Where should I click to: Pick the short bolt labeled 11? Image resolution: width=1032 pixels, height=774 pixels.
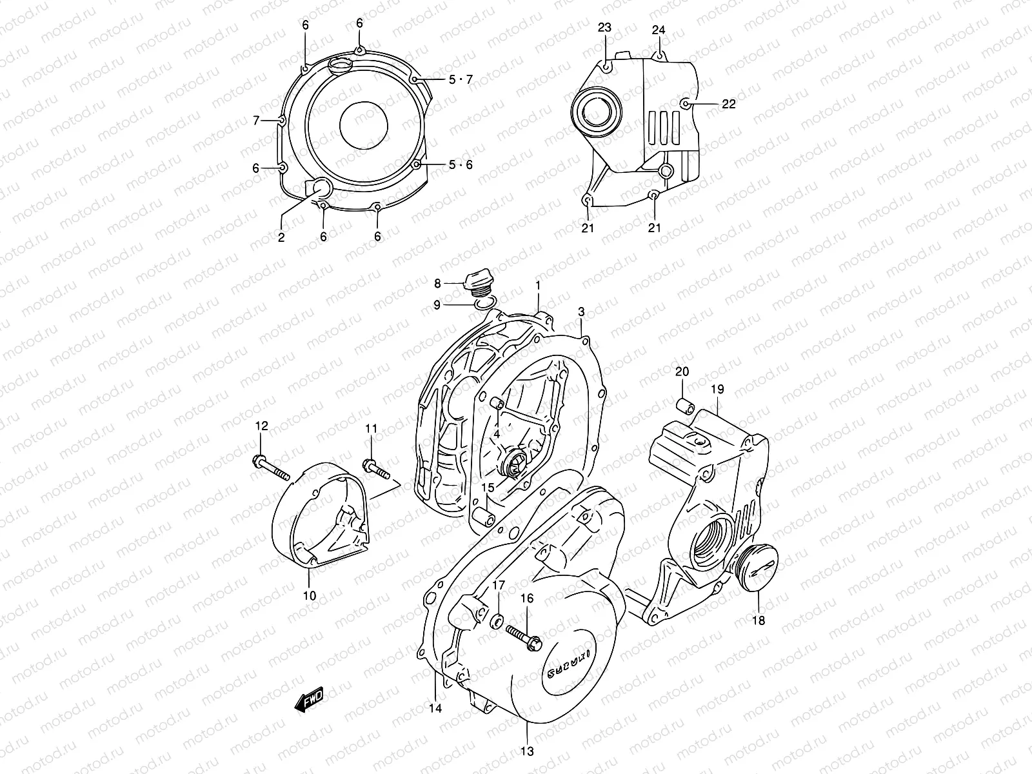(378, 469)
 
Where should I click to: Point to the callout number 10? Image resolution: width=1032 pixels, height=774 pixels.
(310, 596)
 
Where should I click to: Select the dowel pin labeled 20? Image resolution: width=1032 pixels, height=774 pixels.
(684, 407)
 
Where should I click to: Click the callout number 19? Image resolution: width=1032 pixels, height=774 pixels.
(718, 389)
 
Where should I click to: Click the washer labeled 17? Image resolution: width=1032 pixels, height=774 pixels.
(499, 620)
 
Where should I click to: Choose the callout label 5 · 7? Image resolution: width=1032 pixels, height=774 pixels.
(461, 79)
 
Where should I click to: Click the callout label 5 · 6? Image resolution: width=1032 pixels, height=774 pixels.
(461, 164)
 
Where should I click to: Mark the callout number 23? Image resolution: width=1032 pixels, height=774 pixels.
(604, 28)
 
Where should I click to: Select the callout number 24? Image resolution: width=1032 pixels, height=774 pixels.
(658, 30)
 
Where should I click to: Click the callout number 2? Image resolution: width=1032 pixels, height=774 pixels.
(281, 237)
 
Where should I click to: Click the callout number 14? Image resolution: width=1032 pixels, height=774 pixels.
(435, 708)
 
